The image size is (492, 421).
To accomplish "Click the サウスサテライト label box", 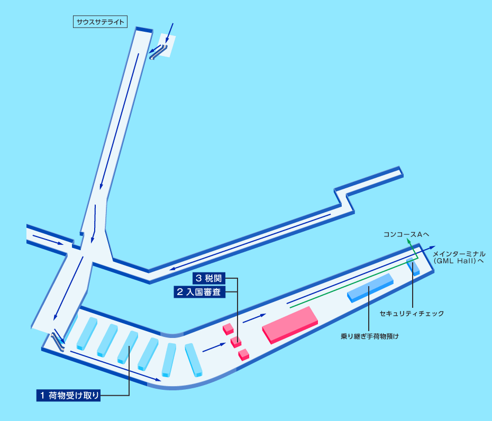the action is click(100, 22).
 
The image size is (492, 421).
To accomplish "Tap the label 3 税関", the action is click(209, 278).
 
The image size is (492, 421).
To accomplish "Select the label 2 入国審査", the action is click(199, 292).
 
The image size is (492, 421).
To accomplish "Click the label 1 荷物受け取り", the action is click(68, 395).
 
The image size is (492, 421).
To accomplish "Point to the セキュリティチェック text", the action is click(412, 314).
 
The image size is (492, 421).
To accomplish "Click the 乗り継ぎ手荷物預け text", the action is click(370, 336).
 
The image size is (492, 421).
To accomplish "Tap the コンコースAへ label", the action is click(406, 234).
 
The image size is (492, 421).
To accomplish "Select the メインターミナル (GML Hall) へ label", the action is click(459, 257).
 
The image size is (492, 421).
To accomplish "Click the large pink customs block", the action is click(290, 325).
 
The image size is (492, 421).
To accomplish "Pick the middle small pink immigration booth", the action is click(236, 342).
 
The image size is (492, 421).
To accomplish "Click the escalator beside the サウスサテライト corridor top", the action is click(159, 52).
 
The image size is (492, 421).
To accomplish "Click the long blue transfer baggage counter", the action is click(370, 288).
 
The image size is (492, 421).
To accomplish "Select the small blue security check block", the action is click(413, 267).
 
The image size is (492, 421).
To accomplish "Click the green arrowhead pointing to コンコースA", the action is click(409, 241).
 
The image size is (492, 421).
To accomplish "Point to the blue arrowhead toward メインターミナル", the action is click(432, 247).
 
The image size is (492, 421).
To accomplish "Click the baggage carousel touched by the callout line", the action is click(127, 347).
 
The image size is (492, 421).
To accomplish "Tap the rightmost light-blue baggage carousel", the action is click(194, 360).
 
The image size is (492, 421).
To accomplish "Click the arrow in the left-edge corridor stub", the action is click(48, 240).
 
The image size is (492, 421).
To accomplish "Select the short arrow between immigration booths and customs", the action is click(254, 318).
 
